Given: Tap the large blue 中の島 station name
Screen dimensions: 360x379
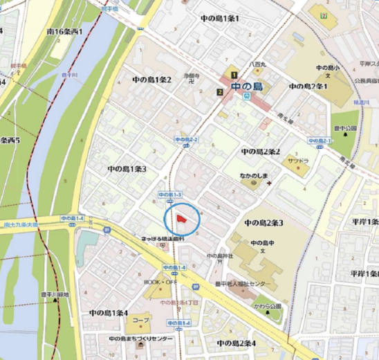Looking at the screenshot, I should click(247, 87).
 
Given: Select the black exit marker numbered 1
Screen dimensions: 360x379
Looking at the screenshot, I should click(234, 75).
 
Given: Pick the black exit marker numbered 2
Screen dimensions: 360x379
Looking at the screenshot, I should click(220, 91).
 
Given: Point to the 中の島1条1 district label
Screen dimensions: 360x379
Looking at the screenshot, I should click(219, 18).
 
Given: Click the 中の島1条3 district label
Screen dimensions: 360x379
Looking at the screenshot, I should click(127, 168).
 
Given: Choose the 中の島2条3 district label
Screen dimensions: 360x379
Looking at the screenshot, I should click(264, 223).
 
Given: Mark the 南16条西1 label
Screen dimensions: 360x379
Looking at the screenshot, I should click(65, 32).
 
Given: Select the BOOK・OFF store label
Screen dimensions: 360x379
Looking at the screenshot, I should click(161, 282).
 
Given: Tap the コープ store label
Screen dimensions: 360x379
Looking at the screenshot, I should click(141, 321).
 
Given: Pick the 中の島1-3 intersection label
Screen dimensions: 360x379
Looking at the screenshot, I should click(169, 195).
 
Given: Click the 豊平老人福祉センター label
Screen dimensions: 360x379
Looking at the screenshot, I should click(241, 284).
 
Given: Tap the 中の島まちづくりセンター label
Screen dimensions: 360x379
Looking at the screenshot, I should click(141, 339).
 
